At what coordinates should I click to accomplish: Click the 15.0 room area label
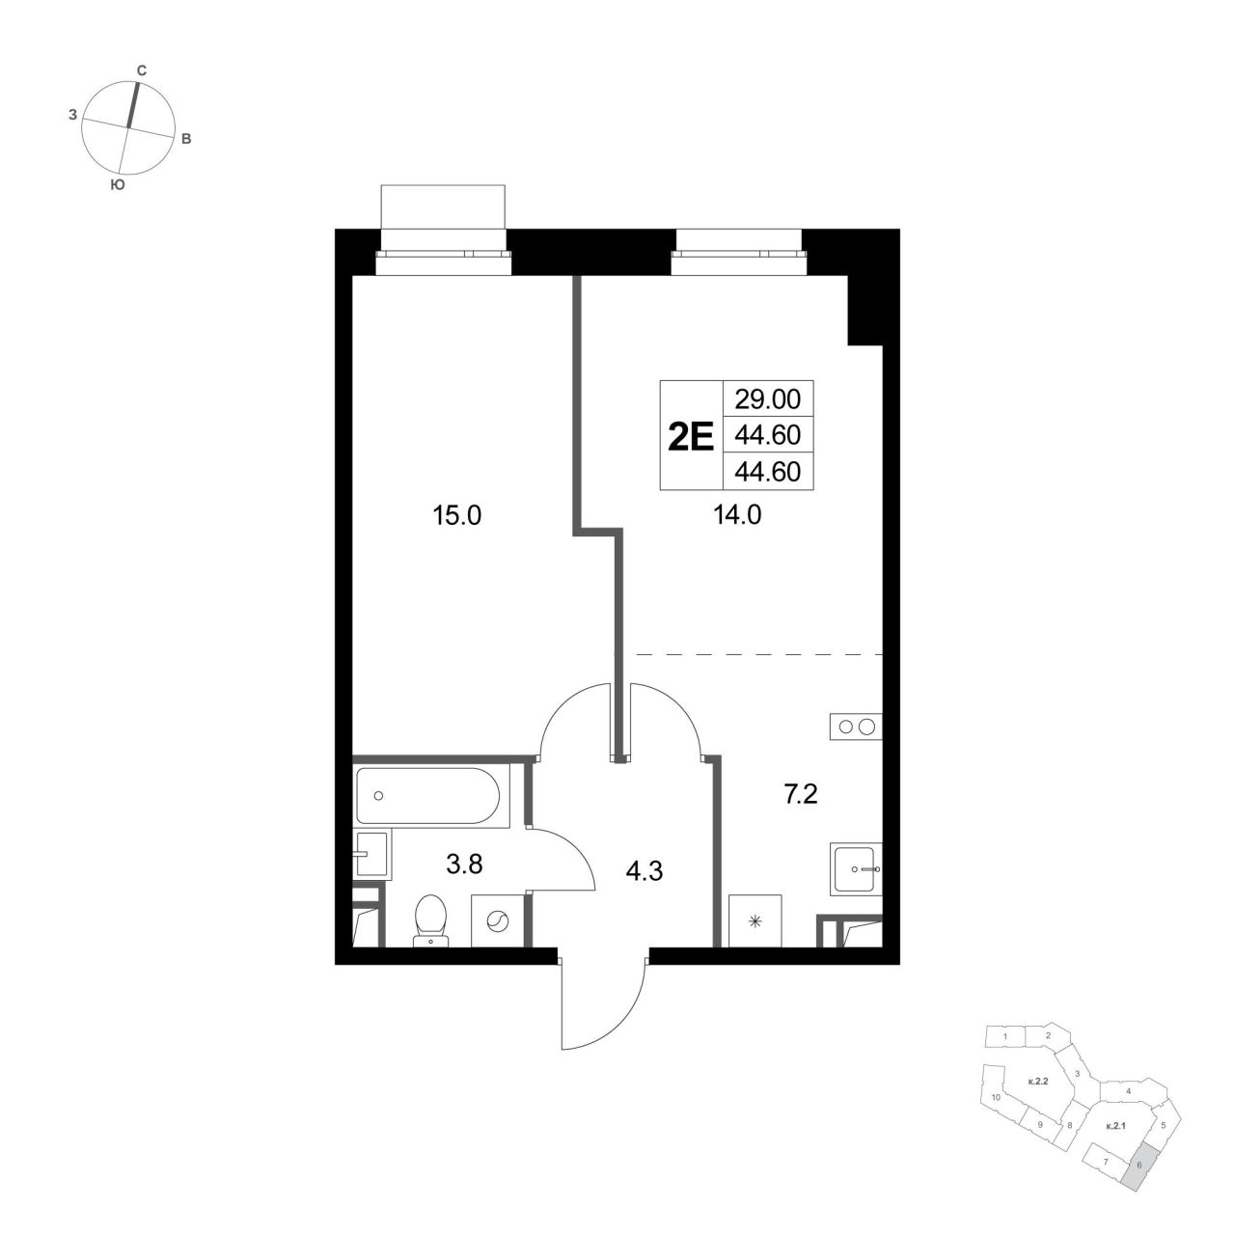point(456,515)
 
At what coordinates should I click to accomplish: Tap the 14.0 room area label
point(737,514)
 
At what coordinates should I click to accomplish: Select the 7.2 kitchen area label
point(801,795)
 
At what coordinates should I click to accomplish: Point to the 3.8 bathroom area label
point(465,864)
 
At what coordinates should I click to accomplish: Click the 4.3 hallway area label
point(645,871)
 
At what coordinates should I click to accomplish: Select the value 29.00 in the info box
point(767,399)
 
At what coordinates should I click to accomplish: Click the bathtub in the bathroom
point(427,795)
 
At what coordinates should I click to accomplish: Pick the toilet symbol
point(430,919)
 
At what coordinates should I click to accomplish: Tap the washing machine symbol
point(497,921)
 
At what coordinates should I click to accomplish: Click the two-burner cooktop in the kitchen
point(856,727)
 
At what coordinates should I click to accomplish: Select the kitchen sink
point(856,869)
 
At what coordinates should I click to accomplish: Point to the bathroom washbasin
point(371,854)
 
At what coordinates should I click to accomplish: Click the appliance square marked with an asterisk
point(755,921)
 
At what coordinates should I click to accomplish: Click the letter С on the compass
point(142,70)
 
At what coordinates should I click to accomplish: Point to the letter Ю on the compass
point(118,184)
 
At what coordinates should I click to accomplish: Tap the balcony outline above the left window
point(443,206)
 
